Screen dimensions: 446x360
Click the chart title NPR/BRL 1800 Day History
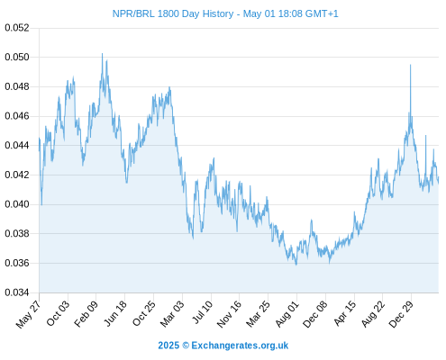point(173,13)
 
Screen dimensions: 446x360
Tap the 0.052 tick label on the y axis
point(17,28)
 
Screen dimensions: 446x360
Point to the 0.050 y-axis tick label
point(17,57)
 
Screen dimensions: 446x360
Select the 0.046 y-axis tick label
point(17,116)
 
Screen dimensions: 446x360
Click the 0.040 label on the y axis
point(17,204)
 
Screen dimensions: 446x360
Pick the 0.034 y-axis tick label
point(17,292)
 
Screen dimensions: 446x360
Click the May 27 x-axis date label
point(29,314)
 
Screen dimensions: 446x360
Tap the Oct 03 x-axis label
point(58,313)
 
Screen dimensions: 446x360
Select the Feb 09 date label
point(86,314)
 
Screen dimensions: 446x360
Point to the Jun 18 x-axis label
point(115,313)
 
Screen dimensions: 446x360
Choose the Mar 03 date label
point(172,314)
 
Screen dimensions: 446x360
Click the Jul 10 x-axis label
point(202,312)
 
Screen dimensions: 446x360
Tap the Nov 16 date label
point(229,314)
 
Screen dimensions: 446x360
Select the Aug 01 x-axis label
point(287,314)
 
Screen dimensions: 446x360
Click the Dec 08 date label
point(315,314)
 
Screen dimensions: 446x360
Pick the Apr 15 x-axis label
point(345,313)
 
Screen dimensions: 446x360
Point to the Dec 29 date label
point(401,314)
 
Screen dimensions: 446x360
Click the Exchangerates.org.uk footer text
point(240,346)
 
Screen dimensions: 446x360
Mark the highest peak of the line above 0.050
point(102,54)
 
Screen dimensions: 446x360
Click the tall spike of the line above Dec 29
point(410,65)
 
